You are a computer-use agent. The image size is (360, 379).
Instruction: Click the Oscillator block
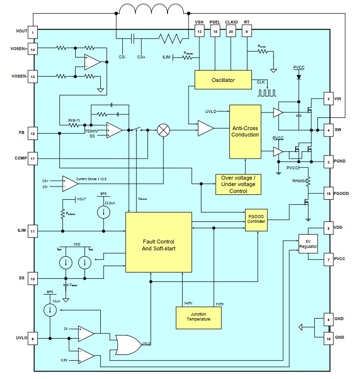click(x=223, y=80)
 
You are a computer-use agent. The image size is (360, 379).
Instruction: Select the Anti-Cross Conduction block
click(x=245, y=132)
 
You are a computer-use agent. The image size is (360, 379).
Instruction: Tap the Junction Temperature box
click(x=198, y=317)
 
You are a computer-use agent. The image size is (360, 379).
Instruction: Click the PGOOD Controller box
click(x=256, y=218)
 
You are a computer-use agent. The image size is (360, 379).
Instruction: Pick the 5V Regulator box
click(x=308, y=244)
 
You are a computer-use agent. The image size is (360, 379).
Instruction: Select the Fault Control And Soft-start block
click(x=159, y=242)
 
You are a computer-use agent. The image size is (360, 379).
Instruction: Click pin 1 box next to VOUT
click(x=33, y=32)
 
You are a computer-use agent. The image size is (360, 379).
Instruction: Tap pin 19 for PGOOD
click(x=328, y=193)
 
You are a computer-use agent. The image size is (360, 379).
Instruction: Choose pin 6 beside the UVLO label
click(x=33, y=338)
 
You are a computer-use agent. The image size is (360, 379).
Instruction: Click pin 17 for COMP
click(x=33, y=159)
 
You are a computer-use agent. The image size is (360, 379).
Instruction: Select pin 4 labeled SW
click(x=328, y=130)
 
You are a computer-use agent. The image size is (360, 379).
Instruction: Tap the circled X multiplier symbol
click(x=163, y=130)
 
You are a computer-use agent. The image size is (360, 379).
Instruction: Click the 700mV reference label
click(x=91, y=131)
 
